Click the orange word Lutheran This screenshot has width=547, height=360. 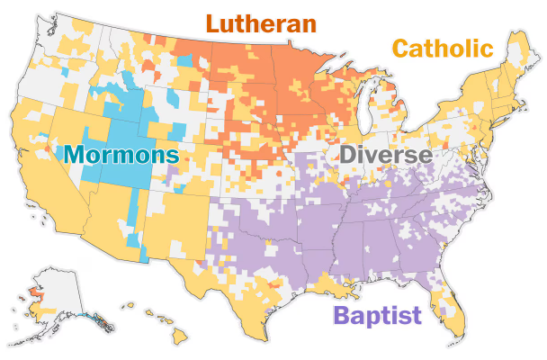[x=261, y=23]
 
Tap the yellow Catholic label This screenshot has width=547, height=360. [x=443, y=49]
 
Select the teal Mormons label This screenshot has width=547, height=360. [x=121, y=154]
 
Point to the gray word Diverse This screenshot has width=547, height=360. [x=384, y=155]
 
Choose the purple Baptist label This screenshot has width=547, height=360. [x=377, y=315]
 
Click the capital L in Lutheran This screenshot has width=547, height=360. [x=213, y=23]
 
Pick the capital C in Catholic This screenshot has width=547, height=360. [x=400, y=49]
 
